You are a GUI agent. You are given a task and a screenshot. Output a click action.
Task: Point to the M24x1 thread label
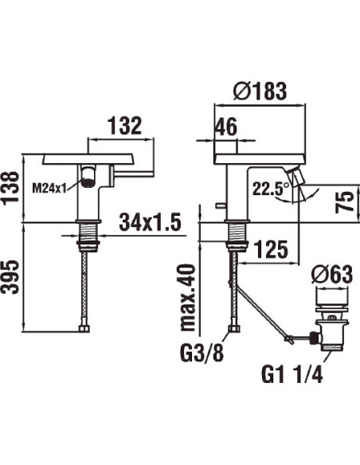(x=49, y=188)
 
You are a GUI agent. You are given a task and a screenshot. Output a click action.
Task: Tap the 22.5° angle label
(x=270, y=188)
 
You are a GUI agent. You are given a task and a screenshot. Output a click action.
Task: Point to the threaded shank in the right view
(x=235, y=232)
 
